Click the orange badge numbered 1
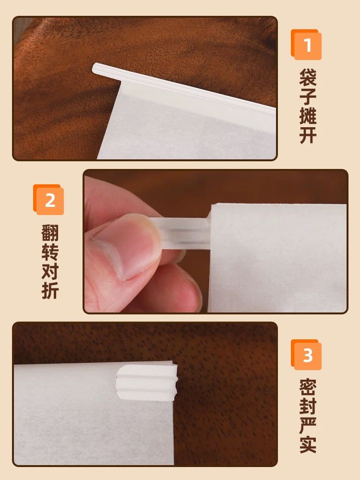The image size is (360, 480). pyautogui.click(x=306, y=45)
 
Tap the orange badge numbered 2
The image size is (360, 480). pyautogui.click(x=48, y=200)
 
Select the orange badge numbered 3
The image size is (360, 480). pyautogui.click(x=306, y=355)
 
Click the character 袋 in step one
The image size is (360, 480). pyautogui.click(x=308, y=77)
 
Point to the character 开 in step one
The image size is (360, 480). pyautogui.click(x=308, y=135)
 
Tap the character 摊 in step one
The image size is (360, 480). pyautogui.click(x=308, y=115)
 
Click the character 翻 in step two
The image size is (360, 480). pyautogui.click(x=50, y=233)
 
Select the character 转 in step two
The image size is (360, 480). pyautogui.click(x=50, y=252)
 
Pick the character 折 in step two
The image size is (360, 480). pyautogui.click(x=50, y=290)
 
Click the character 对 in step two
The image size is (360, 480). pyautogui.click(x=50, y=271)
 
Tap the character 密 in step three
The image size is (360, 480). pyautogui.click(x=308, y=387)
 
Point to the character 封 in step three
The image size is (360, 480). pyautogui.click(x=308, y=406)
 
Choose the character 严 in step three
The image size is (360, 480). pyautogui.click(x=308, y=425)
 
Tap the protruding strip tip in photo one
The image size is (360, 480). pyautogui.click(x=96, y=69)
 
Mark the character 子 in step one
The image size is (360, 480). pyautogui.click(x=308, y=96)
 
